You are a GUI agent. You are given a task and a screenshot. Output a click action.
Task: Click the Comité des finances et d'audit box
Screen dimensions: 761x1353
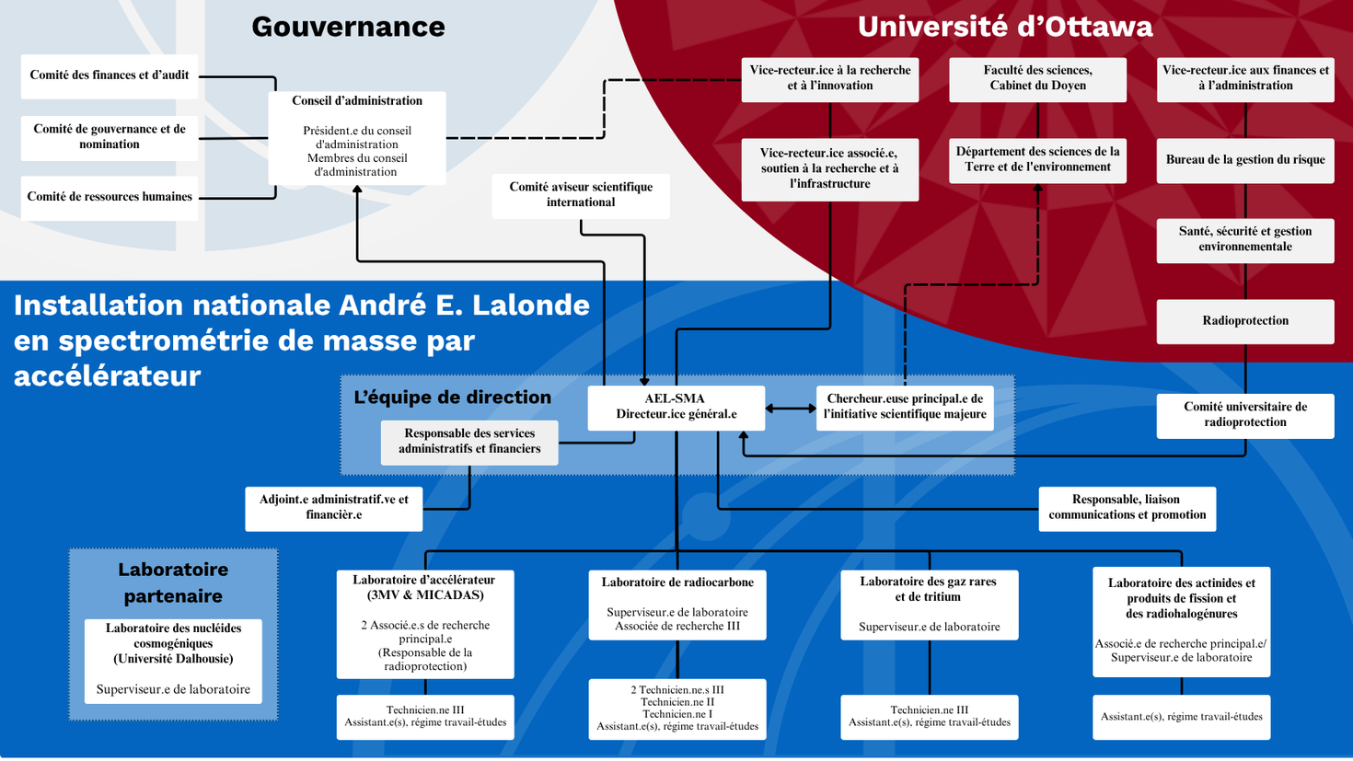pos(110,75)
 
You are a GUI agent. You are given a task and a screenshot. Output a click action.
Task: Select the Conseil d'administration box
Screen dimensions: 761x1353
pos(357,136)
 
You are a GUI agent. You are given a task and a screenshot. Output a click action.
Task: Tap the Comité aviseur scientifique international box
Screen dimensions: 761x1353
pos(581,195)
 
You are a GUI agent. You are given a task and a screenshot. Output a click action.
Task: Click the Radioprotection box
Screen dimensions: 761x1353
pos(1244,321)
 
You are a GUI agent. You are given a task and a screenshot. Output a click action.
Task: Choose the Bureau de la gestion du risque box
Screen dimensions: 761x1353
pos(1244,160)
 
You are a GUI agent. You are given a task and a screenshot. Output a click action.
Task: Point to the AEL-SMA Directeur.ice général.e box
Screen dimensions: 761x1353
pos(676,407)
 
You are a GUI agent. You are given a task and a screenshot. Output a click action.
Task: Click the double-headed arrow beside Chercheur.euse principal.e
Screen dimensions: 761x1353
pos(791,408)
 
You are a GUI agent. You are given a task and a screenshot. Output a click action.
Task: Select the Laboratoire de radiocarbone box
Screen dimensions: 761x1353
pos(677,605)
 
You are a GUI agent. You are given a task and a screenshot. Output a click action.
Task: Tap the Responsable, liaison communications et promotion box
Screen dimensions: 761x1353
pos(1127,508)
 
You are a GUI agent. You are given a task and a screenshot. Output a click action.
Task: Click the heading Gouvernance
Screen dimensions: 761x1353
pos(348,27)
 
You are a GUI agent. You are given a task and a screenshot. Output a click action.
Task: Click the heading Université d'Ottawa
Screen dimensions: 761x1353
pos(1004,27)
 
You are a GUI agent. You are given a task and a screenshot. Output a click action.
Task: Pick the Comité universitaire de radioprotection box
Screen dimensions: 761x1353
pos(1244,415)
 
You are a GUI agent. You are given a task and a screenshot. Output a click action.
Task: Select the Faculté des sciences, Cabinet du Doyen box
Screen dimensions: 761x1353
pos(1037,78)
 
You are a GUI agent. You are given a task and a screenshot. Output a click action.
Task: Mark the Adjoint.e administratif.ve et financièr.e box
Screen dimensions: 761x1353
pos(333,508)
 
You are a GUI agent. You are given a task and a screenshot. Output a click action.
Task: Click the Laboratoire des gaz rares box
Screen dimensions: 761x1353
pos(929,605)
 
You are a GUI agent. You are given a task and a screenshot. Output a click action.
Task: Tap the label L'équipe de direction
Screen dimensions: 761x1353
pos(452,398)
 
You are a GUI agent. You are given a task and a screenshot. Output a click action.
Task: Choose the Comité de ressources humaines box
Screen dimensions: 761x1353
pos(110,197)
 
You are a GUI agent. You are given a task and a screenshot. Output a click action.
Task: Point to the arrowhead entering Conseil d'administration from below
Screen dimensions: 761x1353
pos(357,190)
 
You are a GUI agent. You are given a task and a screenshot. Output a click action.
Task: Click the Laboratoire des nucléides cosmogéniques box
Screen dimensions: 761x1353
pos(173,660)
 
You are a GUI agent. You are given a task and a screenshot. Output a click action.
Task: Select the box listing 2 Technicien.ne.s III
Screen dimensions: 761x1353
pos(677,708)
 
